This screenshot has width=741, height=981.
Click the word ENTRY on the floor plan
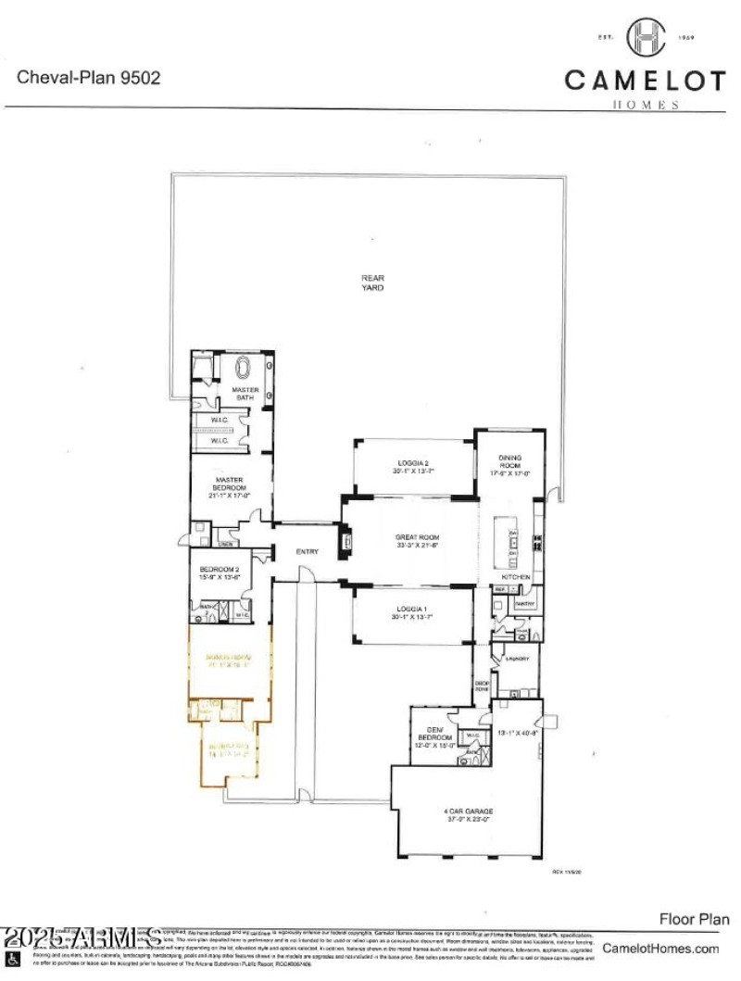pos(308,552)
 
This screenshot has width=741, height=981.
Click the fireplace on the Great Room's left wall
pos(346,540)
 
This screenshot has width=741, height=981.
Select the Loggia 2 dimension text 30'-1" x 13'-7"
pos(413,471)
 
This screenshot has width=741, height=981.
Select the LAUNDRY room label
pos(517,659)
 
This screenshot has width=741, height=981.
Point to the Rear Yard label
pos(372,283)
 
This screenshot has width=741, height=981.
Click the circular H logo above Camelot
pos(646,38)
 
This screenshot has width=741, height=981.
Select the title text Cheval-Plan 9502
pos(89,78)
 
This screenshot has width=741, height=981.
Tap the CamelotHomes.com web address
pos(660,948)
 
